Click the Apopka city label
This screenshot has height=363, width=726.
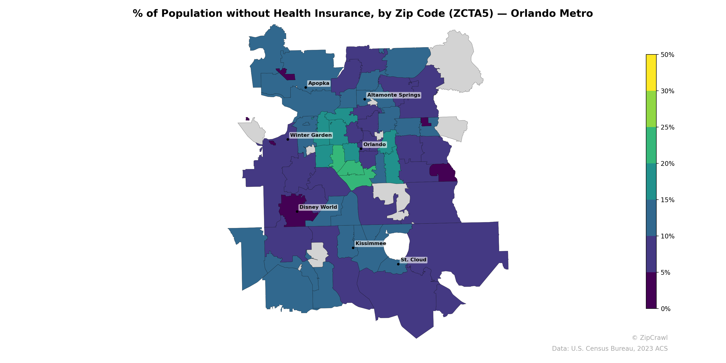pyautogui.click(x=319, y=83)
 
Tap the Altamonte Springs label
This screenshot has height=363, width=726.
pyautogui.click(x=393, y=95)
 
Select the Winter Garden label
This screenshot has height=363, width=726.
pyautogui.click(x=311, y=135)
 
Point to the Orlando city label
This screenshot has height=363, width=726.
pyautogui.click(x=374, y=145)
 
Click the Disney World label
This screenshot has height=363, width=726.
pyautogui.click(x=318, y=207)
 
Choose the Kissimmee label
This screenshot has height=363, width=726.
pyautogui.click(x=371, y=243)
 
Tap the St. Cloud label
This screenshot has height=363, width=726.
pyautogui.click(x=413, y=260)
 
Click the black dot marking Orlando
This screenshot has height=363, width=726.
pyautogui.click(x=361, y=149)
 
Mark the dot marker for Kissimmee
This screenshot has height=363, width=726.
pyautogui.click(x=353, y=248)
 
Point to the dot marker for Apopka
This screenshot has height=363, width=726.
pyautogui.click(x=306, y=87)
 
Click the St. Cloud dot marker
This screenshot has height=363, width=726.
pyautogui.click(x=398, y=264)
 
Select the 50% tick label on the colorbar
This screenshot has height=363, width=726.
pyautogui.click(x=667, y=55)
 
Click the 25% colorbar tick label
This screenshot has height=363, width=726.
pyautogui.click(x=667, y=127)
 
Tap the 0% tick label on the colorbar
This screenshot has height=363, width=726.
pyautogui.click(x=665, y=309)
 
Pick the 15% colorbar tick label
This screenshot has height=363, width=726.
pyautogui.click(x=667, y=200)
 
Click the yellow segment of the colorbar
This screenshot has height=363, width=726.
pyautogui.click(x=651, y=72)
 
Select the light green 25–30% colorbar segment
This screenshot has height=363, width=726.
pyautogui.click(x=651, y=109)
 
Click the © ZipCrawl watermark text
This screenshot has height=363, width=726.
pyautogui.click(x=650, y=338)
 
